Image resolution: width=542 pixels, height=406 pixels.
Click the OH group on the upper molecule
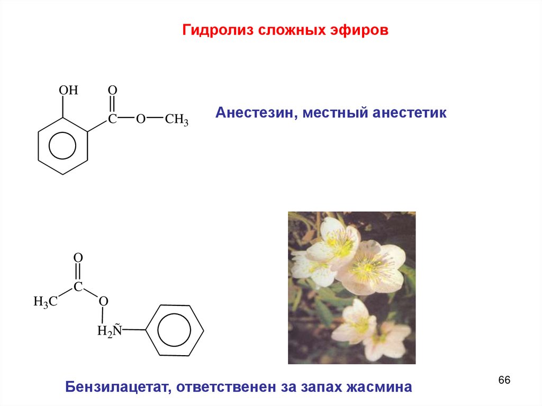pyautogui.click(x=68, y=91)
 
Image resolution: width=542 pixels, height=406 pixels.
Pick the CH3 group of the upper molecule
pyautogui.click(x=177, y=120)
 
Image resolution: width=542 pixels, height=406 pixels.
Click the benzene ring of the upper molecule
pyautogui.click(x=63, y=146)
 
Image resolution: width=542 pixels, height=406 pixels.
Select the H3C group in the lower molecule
pyautogui.click(x=45, y=302)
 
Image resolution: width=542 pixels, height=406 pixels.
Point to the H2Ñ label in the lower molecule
pyautogui.click(x=110, y=331)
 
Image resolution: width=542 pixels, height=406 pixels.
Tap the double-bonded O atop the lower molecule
pyautogui.click(x=78, y=258)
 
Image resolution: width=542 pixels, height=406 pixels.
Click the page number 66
pyautogui.click(x=504, y=381)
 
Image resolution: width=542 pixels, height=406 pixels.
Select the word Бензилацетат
pyautogui.click(x=114, y=386)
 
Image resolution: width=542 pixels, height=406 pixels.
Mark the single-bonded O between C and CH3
pyautogui.click(x=140, y=119)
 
